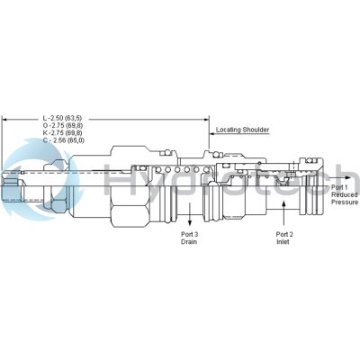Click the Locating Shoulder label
pos(242,130)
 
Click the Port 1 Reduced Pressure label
pos(344,195)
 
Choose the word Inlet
pos(285,242)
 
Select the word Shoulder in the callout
pos(254,130)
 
